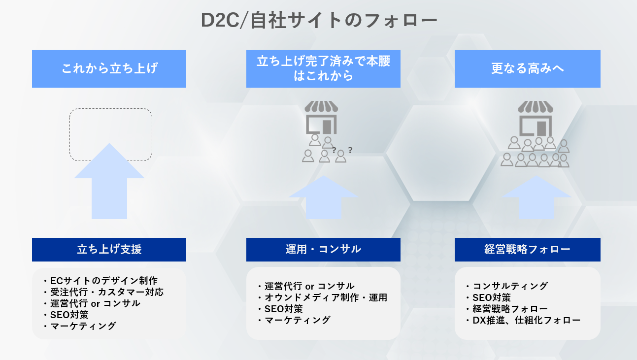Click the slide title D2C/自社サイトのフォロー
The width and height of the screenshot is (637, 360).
319,21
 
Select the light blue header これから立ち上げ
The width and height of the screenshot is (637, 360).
109,68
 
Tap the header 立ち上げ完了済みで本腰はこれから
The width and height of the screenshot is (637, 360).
323,68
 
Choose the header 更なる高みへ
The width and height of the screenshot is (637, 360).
527,68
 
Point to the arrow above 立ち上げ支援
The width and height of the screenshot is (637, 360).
109,185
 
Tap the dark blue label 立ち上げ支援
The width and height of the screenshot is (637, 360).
109,249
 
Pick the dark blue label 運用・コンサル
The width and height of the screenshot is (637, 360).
323,249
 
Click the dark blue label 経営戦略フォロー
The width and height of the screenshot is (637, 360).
527,249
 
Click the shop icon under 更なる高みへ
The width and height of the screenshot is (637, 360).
535,118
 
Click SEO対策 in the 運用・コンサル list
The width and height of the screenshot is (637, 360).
283,309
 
